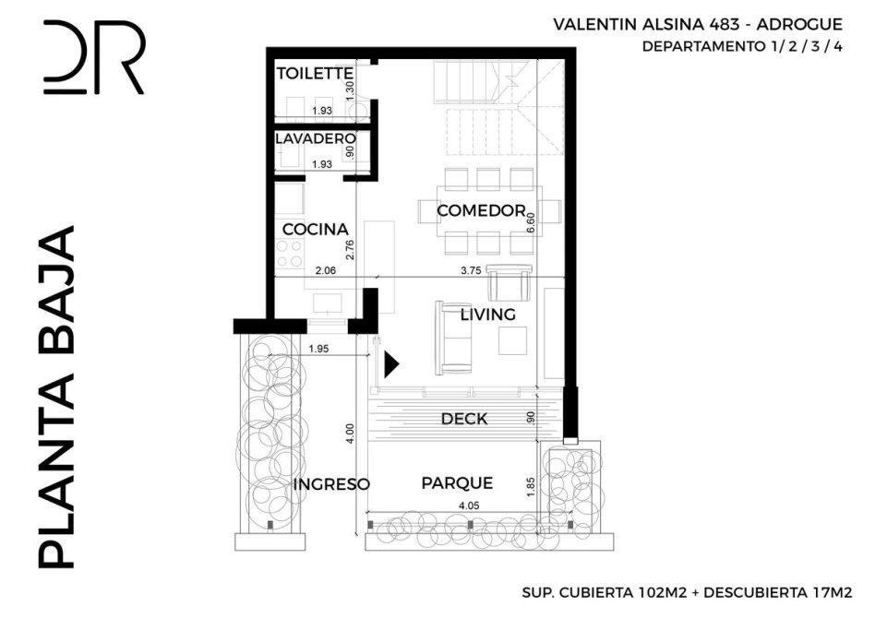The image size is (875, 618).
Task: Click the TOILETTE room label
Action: coord(315,73)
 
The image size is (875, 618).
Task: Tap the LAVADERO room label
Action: coord(316,138)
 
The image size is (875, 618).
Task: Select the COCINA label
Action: coord(316,230)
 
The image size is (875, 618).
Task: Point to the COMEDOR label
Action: coord(481,211)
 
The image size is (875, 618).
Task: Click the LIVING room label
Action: coord(488,315)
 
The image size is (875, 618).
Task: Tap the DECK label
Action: coord(464,419)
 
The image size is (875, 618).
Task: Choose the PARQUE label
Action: coord(457,483)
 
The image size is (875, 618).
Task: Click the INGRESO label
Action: coord(331,484)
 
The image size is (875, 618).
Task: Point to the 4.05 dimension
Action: coord(469,505)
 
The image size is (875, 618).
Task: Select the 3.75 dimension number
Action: coord(471,270)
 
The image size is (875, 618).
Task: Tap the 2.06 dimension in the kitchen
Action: coord(325,270)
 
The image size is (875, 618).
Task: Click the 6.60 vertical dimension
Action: coord(532,223)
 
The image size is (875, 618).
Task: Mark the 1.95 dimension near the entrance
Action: coord(318,350)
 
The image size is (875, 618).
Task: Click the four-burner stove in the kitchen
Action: coord(290,254)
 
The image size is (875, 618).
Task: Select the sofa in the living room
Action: coord(454,338)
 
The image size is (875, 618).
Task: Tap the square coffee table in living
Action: coord(512,340)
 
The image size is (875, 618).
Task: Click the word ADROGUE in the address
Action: coord(799,25)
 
